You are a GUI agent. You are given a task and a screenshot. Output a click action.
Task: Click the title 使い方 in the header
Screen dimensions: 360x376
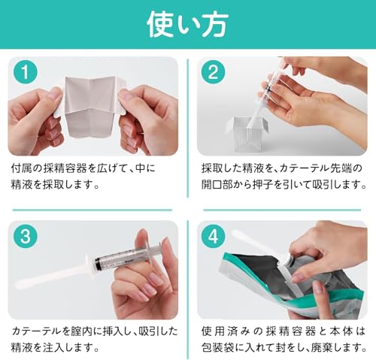[187, 23]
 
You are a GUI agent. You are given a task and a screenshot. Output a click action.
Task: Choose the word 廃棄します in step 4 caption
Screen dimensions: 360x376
[338, 348]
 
